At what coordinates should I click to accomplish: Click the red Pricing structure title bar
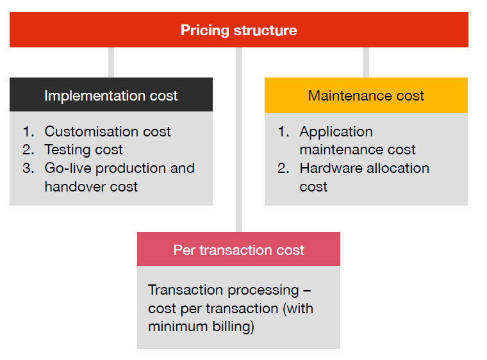(238, 30)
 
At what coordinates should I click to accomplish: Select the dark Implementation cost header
(111, 95)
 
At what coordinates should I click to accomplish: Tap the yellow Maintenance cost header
(366, 95)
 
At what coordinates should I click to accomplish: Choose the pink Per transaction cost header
(238, 250)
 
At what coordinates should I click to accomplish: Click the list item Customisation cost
(107, 132)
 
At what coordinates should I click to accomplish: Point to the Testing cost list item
(83, 150)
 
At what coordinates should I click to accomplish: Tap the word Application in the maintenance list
(336, 132)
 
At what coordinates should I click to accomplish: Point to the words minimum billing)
(201, 327)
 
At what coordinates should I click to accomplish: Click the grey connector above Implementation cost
(111, 62)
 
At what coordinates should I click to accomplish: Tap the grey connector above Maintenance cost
(366, 62)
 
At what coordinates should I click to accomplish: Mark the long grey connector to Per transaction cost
(239, 141)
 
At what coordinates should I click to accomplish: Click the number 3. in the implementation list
(28, 168)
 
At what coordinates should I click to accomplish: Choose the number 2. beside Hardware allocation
(283, 168)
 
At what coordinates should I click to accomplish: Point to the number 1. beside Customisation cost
(28, 132)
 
